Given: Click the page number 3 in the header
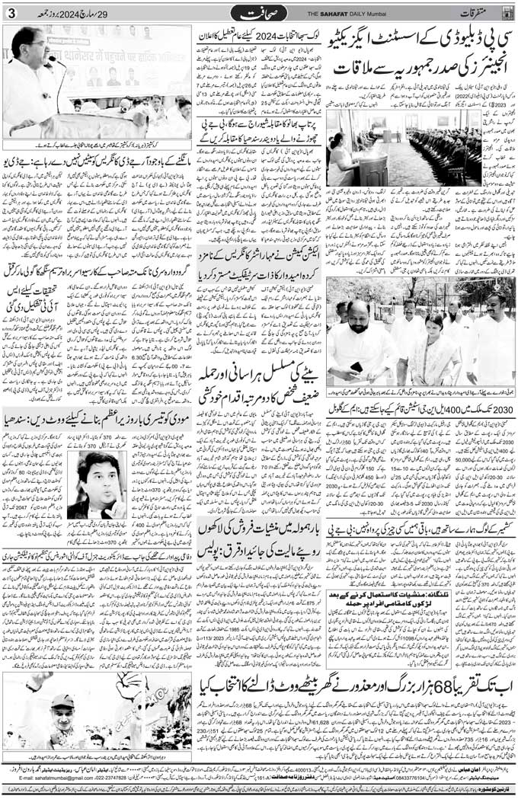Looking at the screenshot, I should pyautogui.click(x=11, y=13).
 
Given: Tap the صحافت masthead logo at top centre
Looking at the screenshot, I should pyautogui.click(x=260, y=13).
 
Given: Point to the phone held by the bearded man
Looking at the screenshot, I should pyautogui.click(x=356, y=366).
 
